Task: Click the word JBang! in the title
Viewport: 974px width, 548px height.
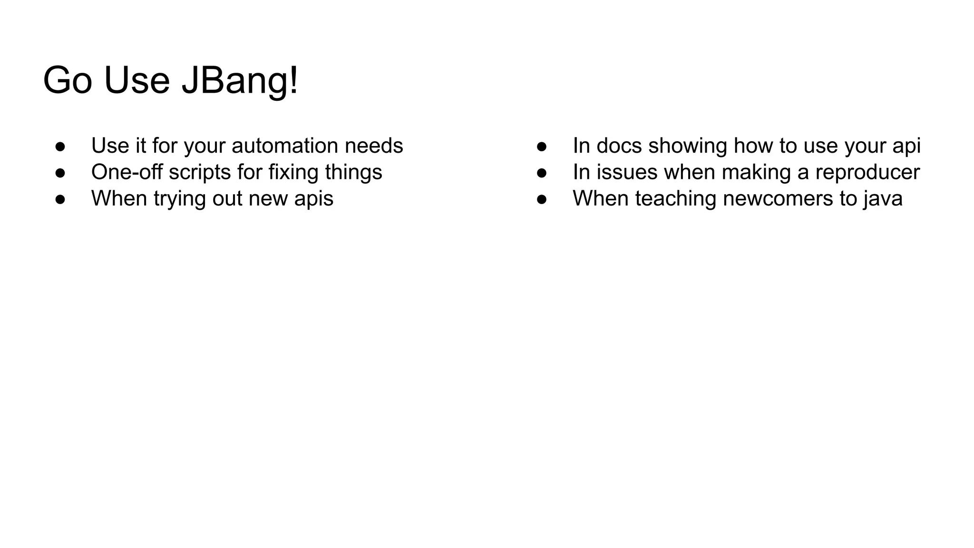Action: point(240,81)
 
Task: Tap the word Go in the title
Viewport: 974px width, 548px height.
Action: point(67,81)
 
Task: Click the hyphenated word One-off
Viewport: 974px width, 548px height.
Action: point(127,172)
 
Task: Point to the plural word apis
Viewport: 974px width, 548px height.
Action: point(313,199)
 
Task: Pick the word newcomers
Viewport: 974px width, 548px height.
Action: point(778,199)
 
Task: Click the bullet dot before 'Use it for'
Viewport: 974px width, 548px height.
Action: point(60,147)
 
